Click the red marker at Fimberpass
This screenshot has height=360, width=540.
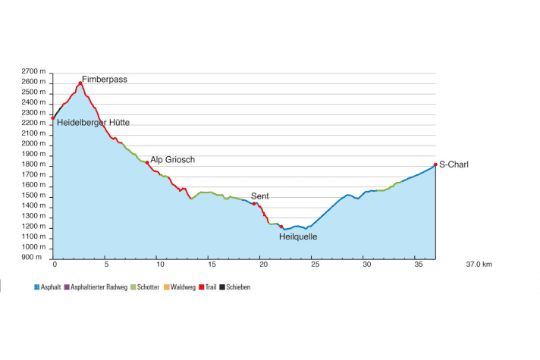[x=80, y=83]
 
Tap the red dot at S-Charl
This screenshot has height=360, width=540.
[x=435, y=164]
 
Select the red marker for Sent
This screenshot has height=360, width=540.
[x=254, y=204]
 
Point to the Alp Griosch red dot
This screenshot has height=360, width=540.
[x=147, y=163]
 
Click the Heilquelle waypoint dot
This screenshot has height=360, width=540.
[x=281, y=227]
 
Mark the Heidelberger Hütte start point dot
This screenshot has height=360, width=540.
[x=53, y=118]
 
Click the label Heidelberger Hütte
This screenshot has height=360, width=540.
[x=93, y=122]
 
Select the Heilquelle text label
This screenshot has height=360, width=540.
[x=298, y=236]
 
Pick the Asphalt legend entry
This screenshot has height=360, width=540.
[x=49, y=287]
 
